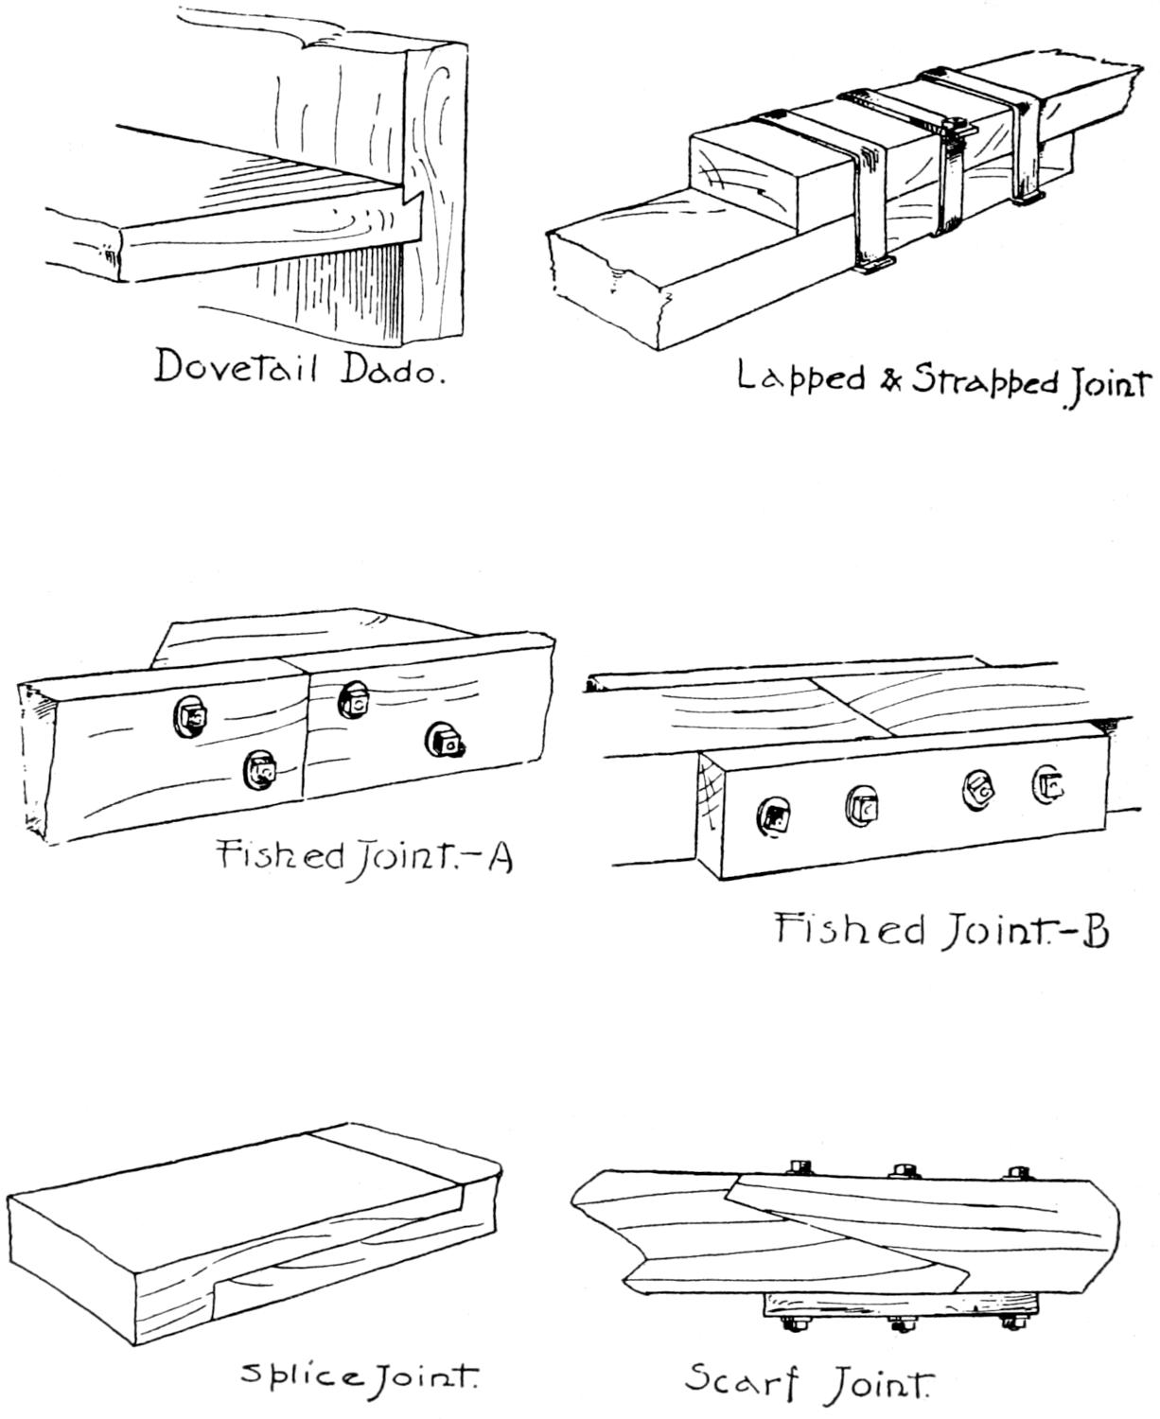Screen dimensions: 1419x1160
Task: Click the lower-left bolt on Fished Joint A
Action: coord(259,770)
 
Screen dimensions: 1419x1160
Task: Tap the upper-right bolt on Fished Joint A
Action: coord(356,701)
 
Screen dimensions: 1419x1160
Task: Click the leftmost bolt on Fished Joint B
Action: coord(774,815)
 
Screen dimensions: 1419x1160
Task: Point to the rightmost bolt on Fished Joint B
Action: coord(1050,783)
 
